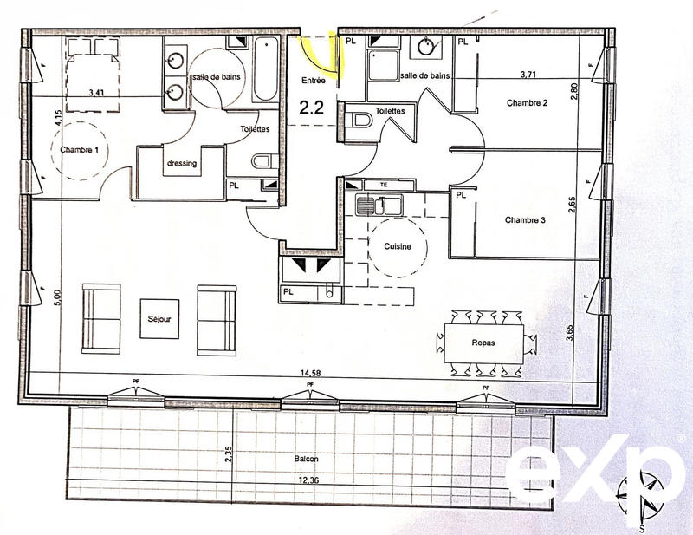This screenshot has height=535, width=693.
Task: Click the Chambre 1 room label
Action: [79, 150]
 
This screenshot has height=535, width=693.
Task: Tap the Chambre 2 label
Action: [527, 103]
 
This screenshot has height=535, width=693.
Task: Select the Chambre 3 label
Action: [525, 220]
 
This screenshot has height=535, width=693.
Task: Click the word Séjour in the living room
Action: [159, 319]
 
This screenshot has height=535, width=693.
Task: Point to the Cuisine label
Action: [398, 247]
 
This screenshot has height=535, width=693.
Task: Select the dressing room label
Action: [181, 163]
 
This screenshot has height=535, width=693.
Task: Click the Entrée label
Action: [313, 81]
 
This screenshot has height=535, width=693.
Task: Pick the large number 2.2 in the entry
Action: [312, 108]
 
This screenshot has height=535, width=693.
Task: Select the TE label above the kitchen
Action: [384, 184]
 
